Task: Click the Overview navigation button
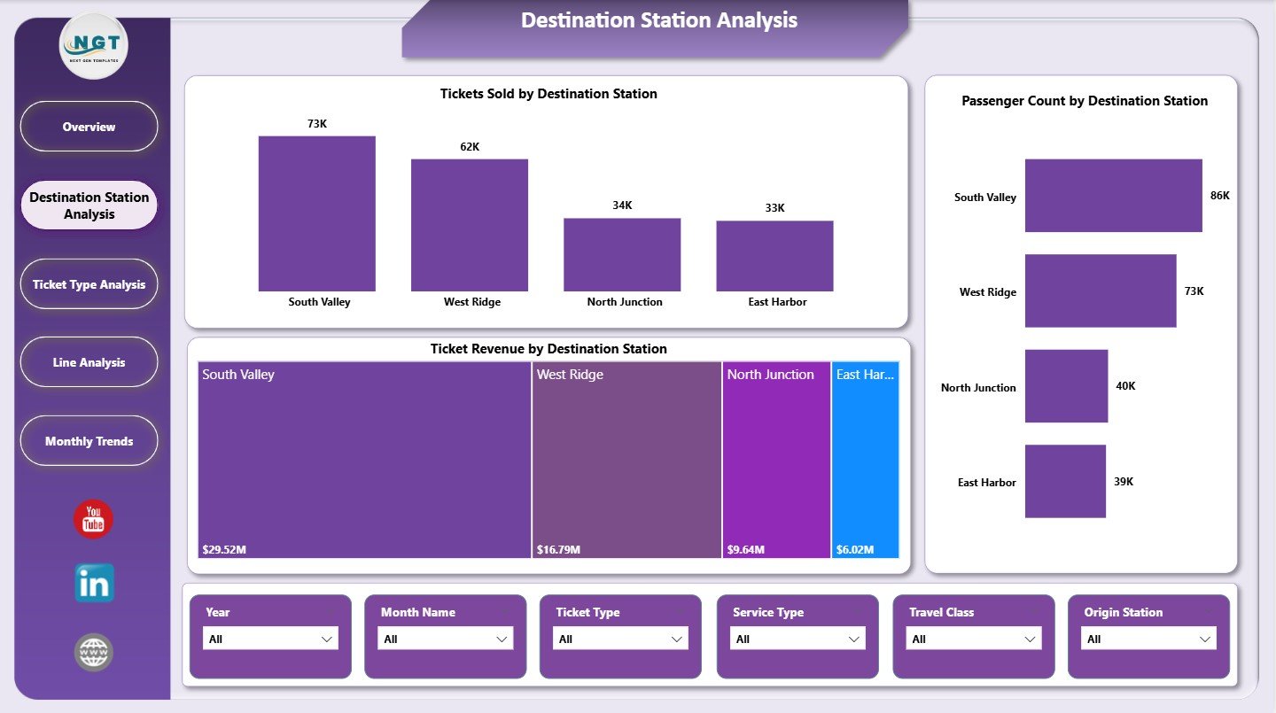click(x=89, y=127)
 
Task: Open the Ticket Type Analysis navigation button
click(x=89, y=284)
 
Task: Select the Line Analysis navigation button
click(x=89, y=362)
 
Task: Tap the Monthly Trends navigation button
click(x=89, y=441)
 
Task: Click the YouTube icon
click(x=93, y=520)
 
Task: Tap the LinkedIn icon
click(x=94, y=584)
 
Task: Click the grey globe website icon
click(x=93, y=653)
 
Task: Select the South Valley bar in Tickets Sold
click(x=316, y=213)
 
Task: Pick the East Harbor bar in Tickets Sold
click(x=774, y=256)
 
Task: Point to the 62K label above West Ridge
click(x=470, y=147)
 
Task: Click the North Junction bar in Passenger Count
click(x=1066, y=386)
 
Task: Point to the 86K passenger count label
click(x=1219, y=196)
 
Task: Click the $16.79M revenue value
click(x=558, y=550)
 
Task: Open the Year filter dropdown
click(x=270, y=639)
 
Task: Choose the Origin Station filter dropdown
click(x=1148, y=639)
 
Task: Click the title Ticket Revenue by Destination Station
click(x=549, y=349)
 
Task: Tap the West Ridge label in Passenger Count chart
click(x=987, y=292)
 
